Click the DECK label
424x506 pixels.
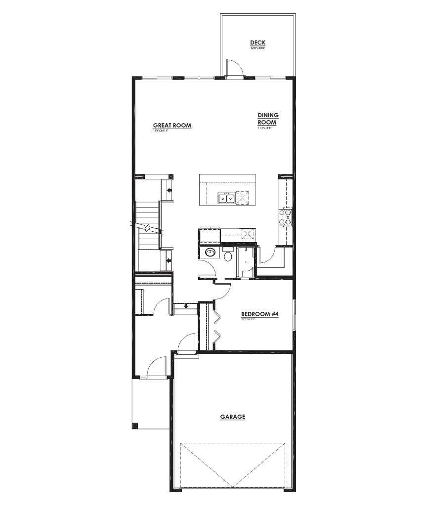(257, 43)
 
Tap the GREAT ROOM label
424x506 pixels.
(172, 126)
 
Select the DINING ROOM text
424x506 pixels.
(268, 119)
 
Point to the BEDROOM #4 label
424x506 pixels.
(259, 314)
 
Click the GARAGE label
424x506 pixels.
(232, 417)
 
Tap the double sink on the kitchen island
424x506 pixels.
(226, 199)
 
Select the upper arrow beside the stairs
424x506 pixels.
(169, 190)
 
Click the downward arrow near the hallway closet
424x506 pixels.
(186, 306)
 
